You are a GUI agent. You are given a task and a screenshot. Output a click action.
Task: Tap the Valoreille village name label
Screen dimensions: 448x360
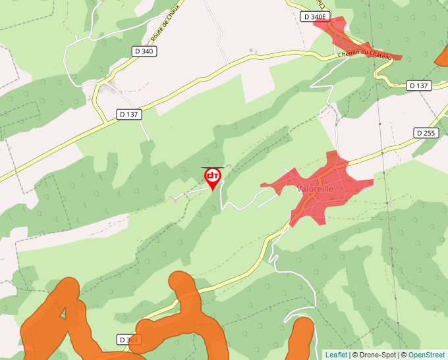[x=316, y=188]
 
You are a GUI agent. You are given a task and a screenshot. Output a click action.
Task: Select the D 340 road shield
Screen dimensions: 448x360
[x=144, y=51]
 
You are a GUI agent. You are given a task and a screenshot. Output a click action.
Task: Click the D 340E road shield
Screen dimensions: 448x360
[x=315, y=16]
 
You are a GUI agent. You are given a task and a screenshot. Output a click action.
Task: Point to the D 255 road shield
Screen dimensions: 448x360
[x=426, y=133]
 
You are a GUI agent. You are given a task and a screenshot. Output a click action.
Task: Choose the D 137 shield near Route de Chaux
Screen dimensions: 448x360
[x=129, y=114]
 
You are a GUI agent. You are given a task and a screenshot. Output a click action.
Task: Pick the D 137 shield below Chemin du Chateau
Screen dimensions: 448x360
[x=418, y=86]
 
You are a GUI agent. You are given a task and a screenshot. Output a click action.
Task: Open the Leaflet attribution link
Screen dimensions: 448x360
[x=336, y=355]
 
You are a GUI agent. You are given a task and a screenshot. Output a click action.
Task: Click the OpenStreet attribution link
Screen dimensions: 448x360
[x=426, y=355]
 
